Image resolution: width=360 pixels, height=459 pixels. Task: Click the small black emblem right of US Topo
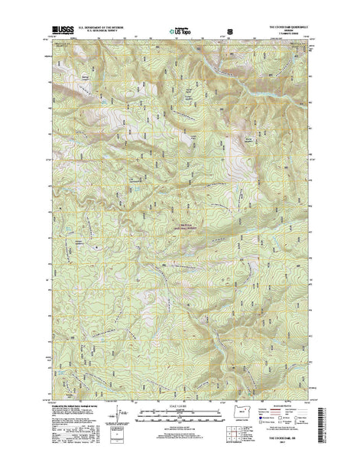coord(220,34)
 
